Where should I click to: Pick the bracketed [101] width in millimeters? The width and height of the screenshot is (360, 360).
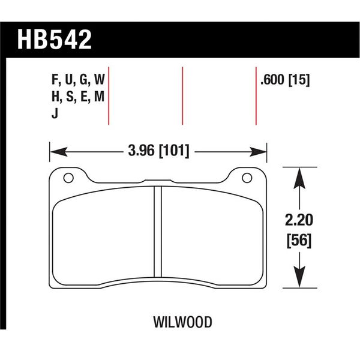(x=175, y=151)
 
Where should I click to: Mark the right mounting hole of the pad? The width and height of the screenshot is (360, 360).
(x=246, y=178)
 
